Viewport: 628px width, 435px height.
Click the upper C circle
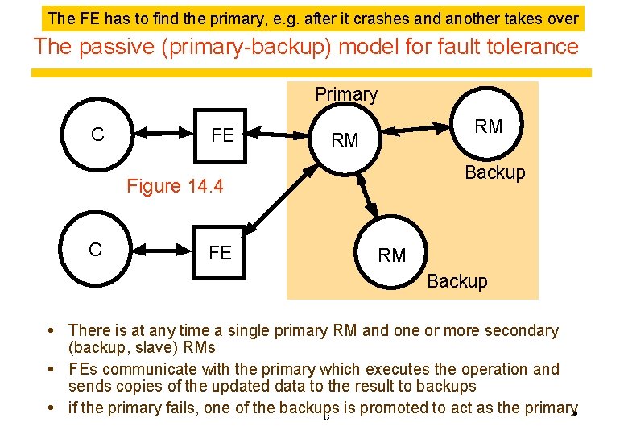(97, 135)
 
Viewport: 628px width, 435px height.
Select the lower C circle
(96, 250)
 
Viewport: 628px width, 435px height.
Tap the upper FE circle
(221, 135)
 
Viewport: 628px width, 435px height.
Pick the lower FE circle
(220, 252)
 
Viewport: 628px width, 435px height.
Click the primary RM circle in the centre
(345, 140)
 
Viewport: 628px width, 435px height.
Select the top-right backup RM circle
(488, 126)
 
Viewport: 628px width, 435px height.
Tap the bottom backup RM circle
(392, 255)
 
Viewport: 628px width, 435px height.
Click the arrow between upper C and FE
(159, 135)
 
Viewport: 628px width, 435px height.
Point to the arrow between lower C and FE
(158, 251)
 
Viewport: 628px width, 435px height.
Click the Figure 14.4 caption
(175, 186)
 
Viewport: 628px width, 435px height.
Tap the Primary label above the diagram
(346, 94)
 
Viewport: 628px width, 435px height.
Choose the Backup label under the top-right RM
(494, 172)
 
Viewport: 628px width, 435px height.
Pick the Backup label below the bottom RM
(457, 281)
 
